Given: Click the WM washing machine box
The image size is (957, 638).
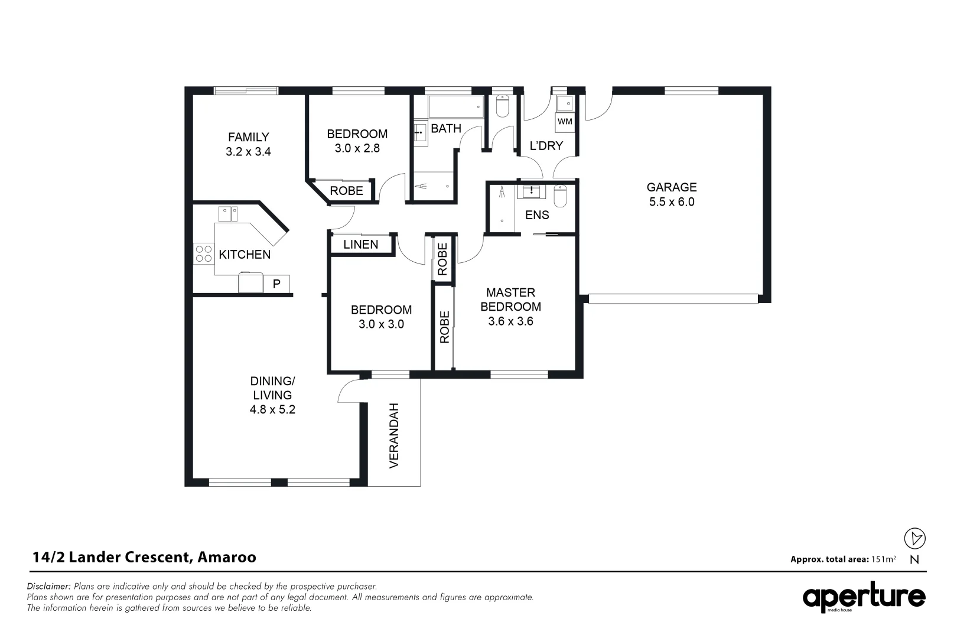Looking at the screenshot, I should (x=565, y=122).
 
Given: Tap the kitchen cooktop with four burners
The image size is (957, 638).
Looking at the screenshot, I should (x=203, y=254).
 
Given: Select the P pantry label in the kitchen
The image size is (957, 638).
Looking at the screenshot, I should (x=276, y=284).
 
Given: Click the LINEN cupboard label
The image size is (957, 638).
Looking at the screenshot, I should (x=360, y=245).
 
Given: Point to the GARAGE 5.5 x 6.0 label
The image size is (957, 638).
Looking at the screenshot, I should (x=672, y=194).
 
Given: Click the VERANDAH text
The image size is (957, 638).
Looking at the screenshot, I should (x=394, y=435).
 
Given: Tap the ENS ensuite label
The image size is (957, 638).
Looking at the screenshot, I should (x=537, y=215).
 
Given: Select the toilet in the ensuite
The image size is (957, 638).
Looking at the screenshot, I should (x=560, y=196).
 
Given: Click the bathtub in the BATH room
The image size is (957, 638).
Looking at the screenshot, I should (x=455, y=108).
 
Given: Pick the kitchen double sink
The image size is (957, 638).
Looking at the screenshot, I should (x=228, y=213).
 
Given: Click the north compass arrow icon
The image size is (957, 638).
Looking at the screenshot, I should (x=915, y=538).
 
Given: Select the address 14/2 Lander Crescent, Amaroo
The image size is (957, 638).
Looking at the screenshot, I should (x=144, y=557).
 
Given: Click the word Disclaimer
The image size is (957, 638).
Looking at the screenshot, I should (x=49, y=587).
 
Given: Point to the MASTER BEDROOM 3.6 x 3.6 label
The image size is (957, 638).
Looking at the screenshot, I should (x=510, y=307).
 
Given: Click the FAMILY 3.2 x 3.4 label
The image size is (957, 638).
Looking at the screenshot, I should (x=248, y=144).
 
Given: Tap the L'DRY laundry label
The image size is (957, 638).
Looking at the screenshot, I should (x=546, y=145).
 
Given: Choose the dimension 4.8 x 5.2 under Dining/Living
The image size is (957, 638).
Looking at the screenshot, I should (x=272, y=409).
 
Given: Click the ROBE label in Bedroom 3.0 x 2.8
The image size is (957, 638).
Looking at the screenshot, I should (x=346, y=191).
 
